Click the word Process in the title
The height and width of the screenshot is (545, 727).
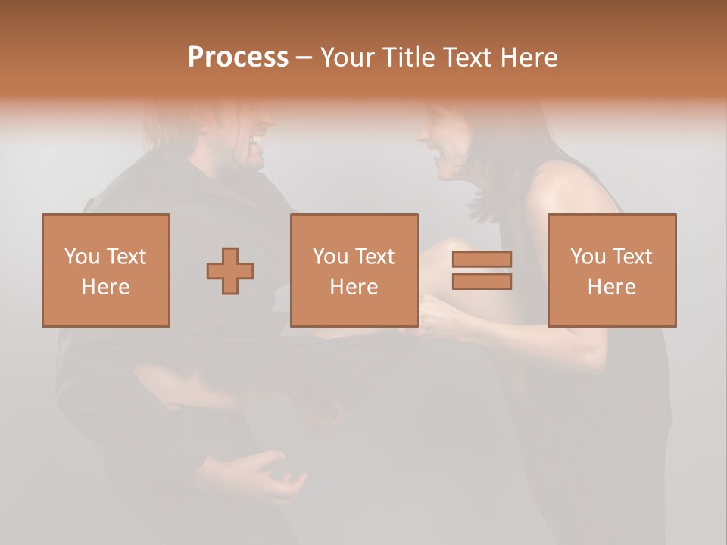point(238,58)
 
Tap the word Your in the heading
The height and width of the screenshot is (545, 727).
point(348,58)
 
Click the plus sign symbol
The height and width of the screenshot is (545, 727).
point(230,270)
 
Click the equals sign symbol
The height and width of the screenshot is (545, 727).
point(482,270)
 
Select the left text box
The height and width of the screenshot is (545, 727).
point(106,270)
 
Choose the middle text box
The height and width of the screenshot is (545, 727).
point(354,270)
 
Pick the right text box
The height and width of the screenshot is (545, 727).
point(611,270)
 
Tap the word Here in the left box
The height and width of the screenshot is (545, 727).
point(105,286)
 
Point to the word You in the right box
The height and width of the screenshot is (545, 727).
point(588,257)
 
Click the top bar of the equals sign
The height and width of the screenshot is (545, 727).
point(482,260)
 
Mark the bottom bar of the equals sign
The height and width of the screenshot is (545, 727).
point(482,281)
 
